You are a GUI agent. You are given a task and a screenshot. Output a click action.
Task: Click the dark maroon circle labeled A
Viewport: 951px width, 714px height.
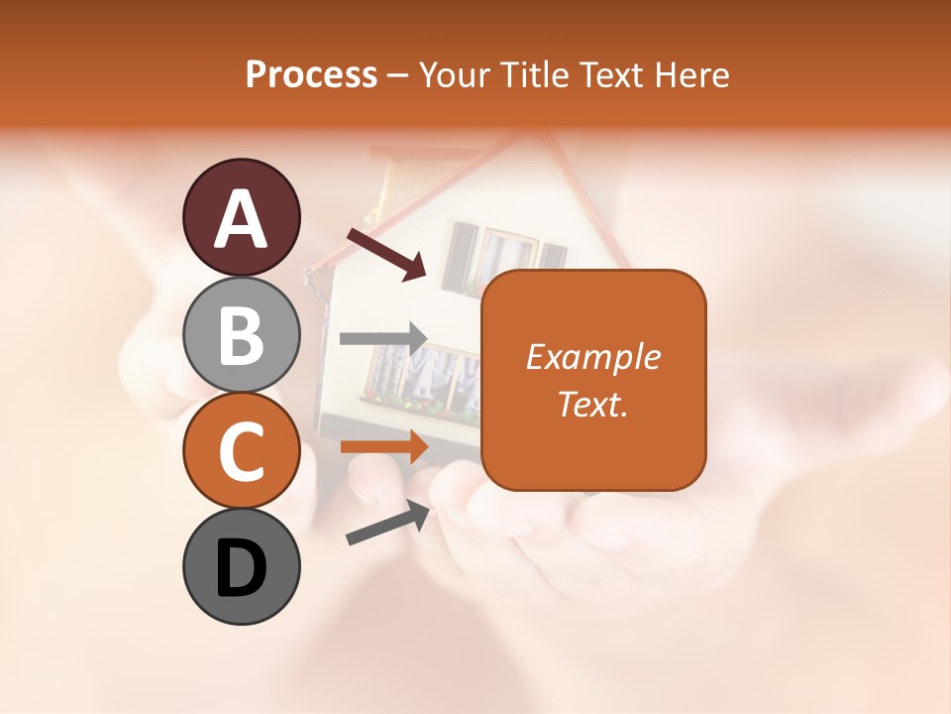(241, 217)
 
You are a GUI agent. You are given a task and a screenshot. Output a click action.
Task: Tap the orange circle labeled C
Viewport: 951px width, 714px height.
(241, 450)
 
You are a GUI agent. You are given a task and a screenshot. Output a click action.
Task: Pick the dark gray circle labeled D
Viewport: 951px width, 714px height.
(241, 566)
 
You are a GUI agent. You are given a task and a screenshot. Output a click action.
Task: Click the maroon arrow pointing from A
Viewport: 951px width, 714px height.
(386, 253)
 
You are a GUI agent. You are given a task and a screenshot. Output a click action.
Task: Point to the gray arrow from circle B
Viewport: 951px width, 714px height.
(383, 338)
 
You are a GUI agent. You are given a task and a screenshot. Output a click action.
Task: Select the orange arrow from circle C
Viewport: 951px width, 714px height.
(383, 447)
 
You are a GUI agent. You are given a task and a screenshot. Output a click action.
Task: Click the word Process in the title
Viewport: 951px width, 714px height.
(311, 74)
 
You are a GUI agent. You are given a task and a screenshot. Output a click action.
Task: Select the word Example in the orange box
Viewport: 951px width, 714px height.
(592, 357)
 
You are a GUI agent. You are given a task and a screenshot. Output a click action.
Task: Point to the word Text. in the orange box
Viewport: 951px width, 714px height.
(592, 404)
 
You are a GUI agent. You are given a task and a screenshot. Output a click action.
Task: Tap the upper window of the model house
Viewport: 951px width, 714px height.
(491, 256)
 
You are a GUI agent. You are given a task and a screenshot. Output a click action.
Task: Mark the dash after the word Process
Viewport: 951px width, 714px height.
(397, 76)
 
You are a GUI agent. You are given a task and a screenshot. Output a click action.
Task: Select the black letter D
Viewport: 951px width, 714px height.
(241, 567)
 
